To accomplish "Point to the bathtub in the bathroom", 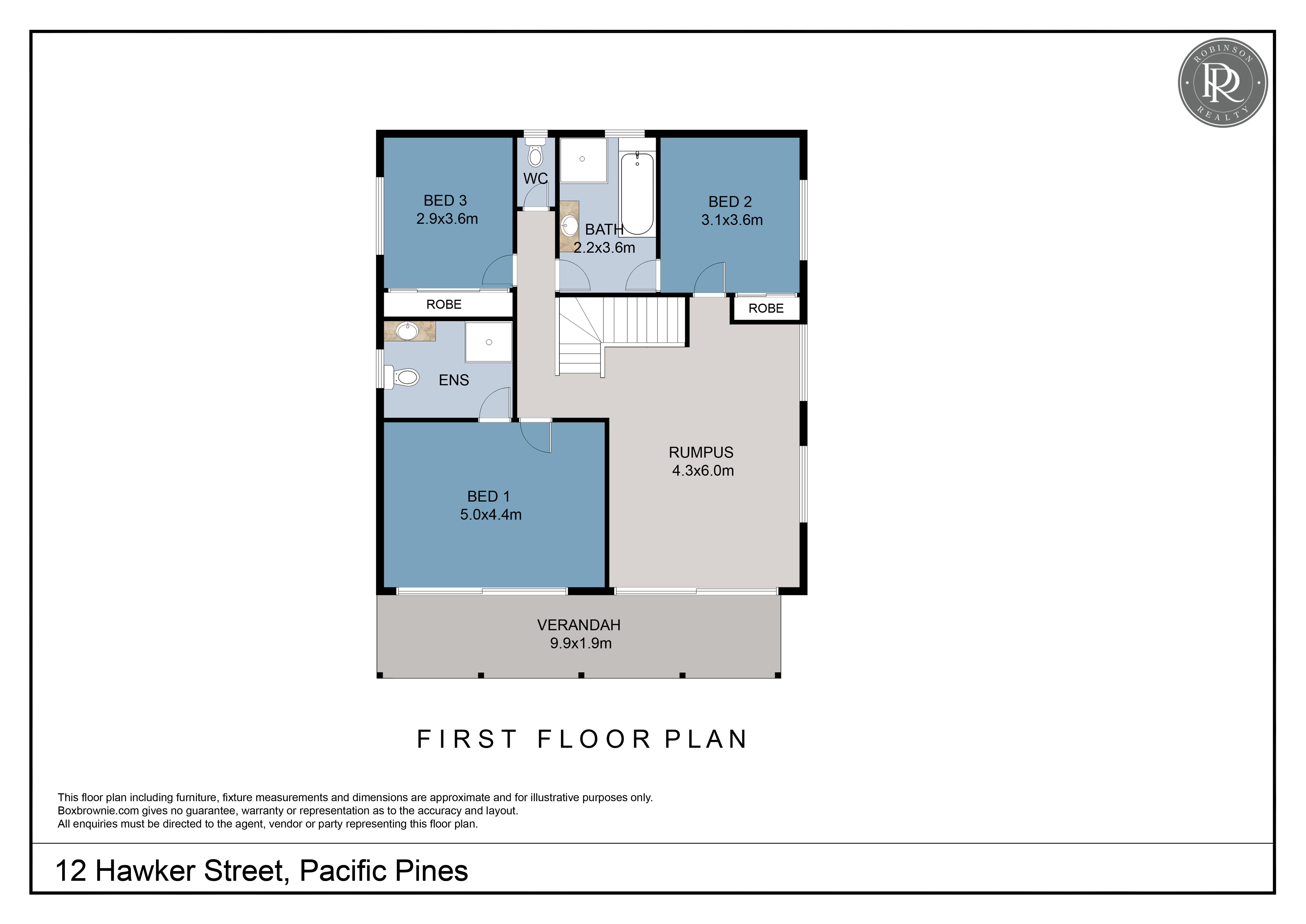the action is pos(637,193).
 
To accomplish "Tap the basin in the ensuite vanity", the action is pos(407,331).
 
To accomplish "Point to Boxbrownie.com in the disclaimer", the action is pos(99,811).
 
